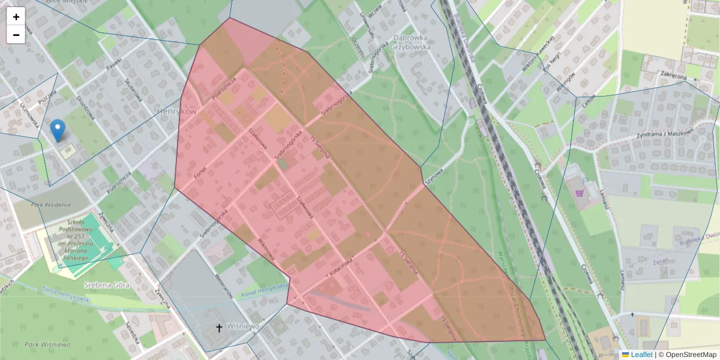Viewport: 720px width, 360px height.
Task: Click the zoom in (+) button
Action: [x=16, y=17]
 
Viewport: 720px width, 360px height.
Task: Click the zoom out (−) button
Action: [x=16, y=35]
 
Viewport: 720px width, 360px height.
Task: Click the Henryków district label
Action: [x=176, y=112]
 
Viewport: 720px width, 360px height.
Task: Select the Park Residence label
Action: [x=51, y=205]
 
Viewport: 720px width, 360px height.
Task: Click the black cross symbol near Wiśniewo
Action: [x=219, y=328]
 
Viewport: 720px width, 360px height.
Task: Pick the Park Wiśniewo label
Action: [x=49, y=345]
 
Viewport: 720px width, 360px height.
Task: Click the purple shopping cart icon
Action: [x=579, y=193]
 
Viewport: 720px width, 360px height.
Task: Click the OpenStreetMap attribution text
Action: [x=689, y=355]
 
